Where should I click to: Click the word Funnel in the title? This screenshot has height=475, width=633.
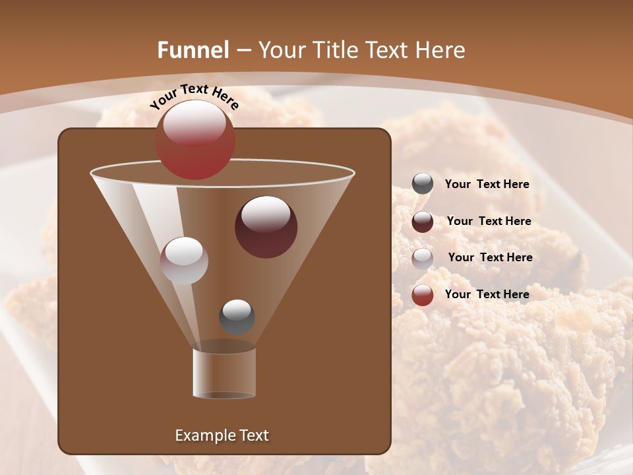pyautogui.click(x=193, y=50)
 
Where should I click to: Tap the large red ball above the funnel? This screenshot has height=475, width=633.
pyautogui.click(x=195, y=140)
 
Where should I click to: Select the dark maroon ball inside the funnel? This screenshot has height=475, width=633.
pyautogui.click(x=266, y=227)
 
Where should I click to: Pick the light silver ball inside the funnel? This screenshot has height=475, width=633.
pyautogui.click(x=184, y=261)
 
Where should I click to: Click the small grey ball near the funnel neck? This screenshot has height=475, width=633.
pyautogui.click(x=237, y=317)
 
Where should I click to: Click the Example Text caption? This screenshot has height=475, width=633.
pyautogui.click(x=222, y=435)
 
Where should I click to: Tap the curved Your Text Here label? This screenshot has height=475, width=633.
pyautogui.click(x=194, y=96)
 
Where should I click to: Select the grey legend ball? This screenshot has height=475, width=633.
pyautogui.click(x=423, y=184)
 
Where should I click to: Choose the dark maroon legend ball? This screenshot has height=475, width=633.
pyautogui.click(x=423, y=222)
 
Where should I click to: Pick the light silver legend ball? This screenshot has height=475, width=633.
pyautogui.click(x=423, y=258)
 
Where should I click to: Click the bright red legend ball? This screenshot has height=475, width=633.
pyautogui.click(x=423, y=295)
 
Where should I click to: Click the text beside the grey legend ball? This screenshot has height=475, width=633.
pyautogui.click(x=487, y=185)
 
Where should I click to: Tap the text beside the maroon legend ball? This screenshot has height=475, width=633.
pyautogui.click(x=489, y=222)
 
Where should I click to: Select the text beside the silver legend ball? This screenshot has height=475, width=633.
pyautogui.click(x=490, y=257)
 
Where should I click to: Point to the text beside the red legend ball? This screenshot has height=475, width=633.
pyautogui.click(x=487, y=294)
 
